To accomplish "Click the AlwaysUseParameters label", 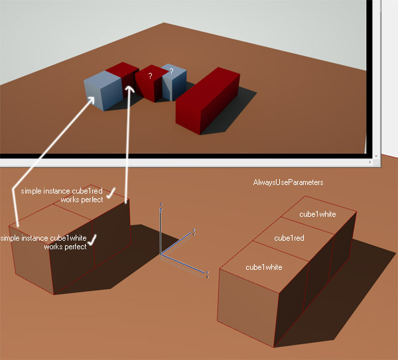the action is tap(288, 182).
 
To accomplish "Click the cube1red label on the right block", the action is tap(289, 238).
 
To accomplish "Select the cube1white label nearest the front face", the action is tap(264, 267).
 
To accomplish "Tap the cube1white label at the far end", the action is tap(318, 214).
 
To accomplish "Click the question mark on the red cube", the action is tap(151, 76).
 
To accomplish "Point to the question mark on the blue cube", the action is tap(171, 72).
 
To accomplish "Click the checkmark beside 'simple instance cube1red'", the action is tap(111, 193).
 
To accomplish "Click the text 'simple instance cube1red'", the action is tap(62, 191).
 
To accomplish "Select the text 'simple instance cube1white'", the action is tap(43, 238).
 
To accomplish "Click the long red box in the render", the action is tap(208, 101).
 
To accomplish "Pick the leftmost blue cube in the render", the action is tap(103, 91).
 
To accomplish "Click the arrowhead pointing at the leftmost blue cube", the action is tap(91, 99).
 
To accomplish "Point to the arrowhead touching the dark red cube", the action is tap(130, 89).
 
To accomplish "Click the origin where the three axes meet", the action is tap(161, 255).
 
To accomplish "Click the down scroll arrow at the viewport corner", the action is tap(376, 156).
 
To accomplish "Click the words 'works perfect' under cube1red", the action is tap(82, 200).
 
